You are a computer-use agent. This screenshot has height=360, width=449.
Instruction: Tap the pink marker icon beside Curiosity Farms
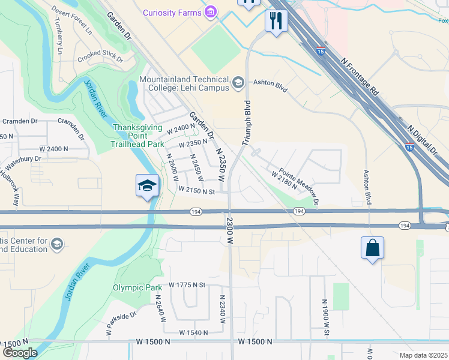coord(210,12)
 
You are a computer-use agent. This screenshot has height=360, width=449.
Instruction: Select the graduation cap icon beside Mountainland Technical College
coord(238,83)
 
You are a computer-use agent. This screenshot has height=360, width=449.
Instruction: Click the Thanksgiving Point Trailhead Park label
coord(139,136)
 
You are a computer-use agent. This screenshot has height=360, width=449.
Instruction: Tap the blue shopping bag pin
coord(372,248)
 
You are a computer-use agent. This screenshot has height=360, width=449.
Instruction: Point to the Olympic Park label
coord(137,287)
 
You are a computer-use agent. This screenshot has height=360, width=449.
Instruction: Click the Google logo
coord(20,353)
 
